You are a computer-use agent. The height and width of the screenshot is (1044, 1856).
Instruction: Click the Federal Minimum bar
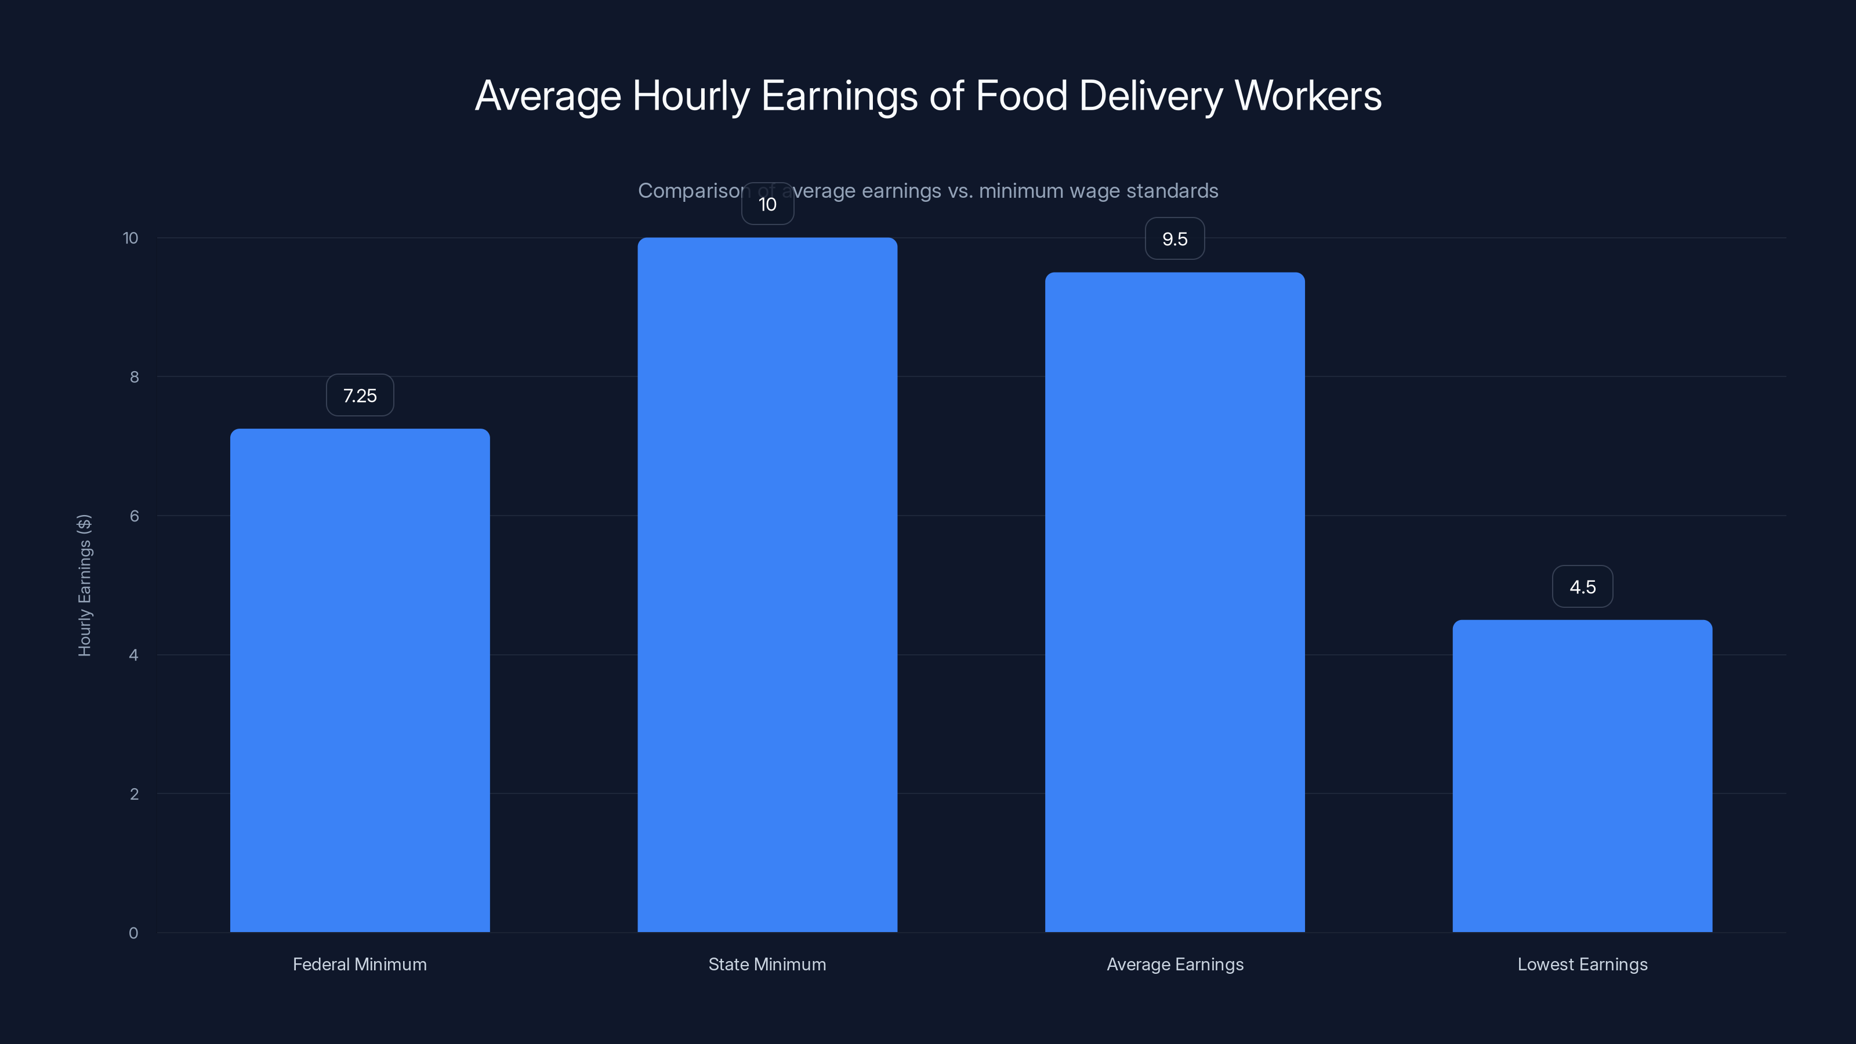360,680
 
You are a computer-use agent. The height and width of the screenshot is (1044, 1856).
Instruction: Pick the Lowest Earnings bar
1582,775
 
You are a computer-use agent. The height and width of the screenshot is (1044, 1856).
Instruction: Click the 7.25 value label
360,396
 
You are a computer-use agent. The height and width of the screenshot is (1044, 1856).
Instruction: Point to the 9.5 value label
1174,239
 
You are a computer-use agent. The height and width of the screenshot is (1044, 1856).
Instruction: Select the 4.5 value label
1582,587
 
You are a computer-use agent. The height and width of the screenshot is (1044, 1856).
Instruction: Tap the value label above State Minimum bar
767,205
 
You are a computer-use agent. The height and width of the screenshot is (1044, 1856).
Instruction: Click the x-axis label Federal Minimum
360,964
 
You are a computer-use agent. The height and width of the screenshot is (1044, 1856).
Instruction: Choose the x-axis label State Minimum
767,964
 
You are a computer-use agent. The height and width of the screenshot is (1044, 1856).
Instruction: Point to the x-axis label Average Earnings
1174,964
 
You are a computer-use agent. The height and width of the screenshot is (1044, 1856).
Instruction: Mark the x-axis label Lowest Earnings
1582,964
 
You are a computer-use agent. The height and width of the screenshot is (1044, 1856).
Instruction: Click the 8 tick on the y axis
134,377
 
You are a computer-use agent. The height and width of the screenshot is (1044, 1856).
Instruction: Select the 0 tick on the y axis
133,933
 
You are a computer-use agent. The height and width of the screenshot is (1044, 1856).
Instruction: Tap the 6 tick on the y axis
134,516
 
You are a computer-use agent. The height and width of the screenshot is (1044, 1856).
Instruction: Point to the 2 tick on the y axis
134,794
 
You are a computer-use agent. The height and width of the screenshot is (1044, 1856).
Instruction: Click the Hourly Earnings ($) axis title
84,585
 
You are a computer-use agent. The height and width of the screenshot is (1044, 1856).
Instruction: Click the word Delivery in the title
1151,96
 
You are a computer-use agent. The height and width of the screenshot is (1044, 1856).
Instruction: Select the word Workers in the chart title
1308,96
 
